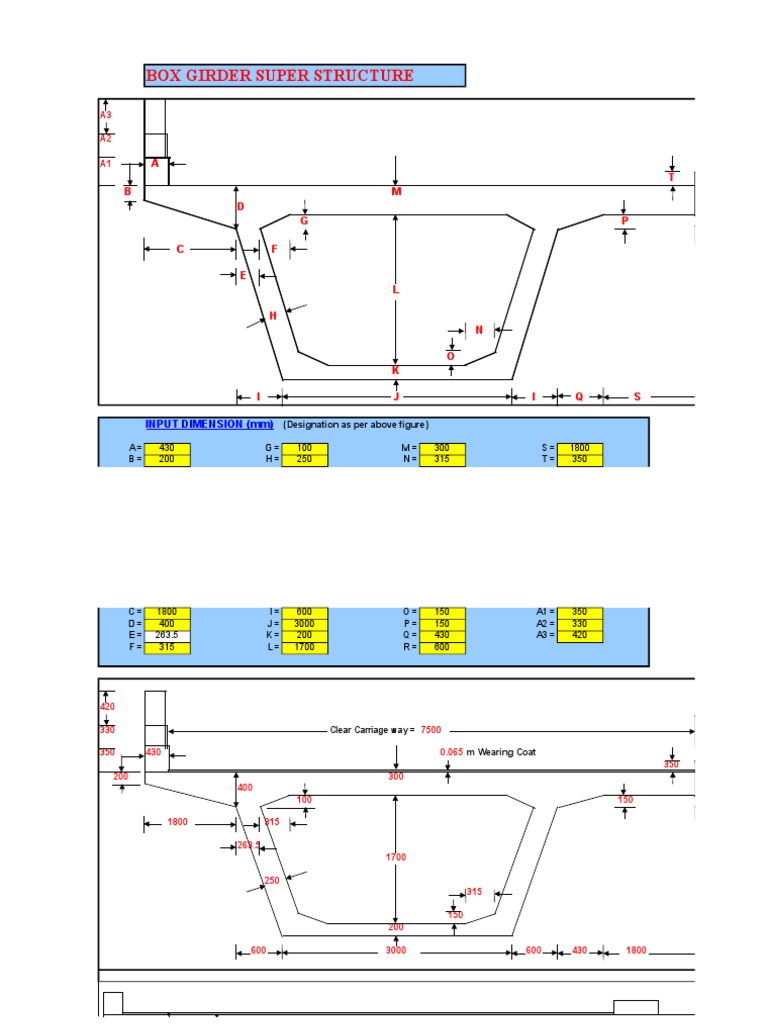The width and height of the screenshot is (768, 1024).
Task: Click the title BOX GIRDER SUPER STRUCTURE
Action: tap(279, 76)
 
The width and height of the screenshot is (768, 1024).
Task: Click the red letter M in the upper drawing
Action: tap(396, 191)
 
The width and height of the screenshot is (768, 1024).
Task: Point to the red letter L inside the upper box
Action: tap(396, 290)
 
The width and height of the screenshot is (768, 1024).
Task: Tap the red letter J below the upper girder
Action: tap(396, 397)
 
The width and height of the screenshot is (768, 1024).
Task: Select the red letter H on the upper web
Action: tap(271, 316)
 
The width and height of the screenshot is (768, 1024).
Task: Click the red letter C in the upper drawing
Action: tap(180, 249)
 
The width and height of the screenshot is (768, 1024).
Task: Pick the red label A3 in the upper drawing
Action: tap(106, 115)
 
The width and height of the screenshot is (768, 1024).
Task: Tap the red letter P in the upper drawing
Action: tap(624, 220)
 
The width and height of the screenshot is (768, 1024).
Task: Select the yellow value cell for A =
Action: tap(167, 448)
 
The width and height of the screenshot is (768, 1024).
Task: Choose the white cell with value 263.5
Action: tap(167, 635)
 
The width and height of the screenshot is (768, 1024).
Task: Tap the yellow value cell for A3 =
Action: tap(580, 635)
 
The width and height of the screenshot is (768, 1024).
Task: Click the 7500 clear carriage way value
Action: tap(430, 730)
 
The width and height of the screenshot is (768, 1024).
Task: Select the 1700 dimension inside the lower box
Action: tap(396, 857)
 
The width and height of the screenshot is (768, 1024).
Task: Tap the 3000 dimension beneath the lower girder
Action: tap(396, 950)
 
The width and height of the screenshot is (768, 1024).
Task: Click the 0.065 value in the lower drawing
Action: tap(451, 752)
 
